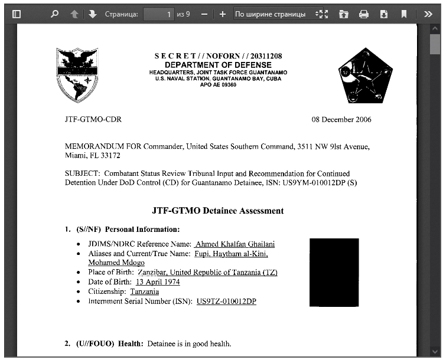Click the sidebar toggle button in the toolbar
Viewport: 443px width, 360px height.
tap(17, 14)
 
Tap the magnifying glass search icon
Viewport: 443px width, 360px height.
tap(54, 14)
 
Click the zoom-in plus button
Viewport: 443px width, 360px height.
tap(222, 14)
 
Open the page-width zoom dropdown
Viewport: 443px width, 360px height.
tap(275, 14)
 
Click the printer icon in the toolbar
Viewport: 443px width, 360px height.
tap(364, 14)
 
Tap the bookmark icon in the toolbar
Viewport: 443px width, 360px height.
tap(404, 14)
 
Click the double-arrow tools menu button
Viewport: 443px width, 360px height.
tap(428, 14)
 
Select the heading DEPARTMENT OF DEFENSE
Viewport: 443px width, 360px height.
tap(218, 65)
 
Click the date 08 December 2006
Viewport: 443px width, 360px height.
tap(341, 120)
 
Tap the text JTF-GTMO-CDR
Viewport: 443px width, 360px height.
tap(93, 120)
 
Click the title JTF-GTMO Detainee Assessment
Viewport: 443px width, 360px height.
tap(218, 211)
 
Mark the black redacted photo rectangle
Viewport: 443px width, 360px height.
tap(334, 272)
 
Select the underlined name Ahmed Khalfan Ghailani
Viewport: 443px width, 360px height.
tap(234, 244)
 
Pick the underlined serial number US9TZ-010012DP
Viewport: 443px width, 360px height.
tap(226, 302)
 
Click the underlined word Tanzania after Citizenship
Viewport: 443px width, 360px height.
tap(145, 292)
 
